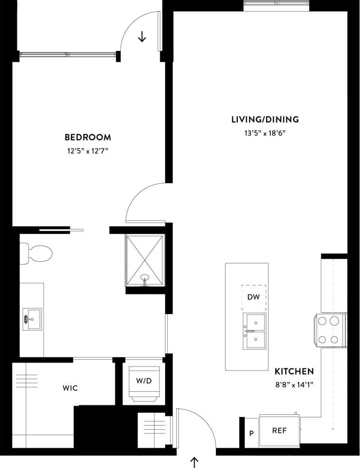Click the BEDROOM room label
tap(87, 137)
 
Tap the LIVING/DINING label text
tap(265, 119)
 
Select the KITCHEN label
tap(294, 372)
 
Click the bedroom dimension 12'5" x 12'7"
tap(87, 151)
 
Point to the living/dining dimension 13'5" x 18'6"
tap(265, 133)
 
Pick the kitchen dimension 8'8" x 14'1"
tap(294, 385)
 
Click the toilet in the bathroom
tap(37, 253)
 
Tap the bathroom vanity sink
tap(32, 319)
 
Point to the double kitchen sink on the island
tap(255, 331)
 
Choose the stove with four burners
tap(329, 330)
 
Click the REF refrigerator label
tap(279, 431)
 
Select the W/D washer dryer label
tap(144, 381)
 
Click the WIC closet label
tap(70, 388)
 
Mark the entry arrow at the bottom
tap(195, 461)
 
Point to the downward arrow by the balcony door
tap(142, 37)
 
